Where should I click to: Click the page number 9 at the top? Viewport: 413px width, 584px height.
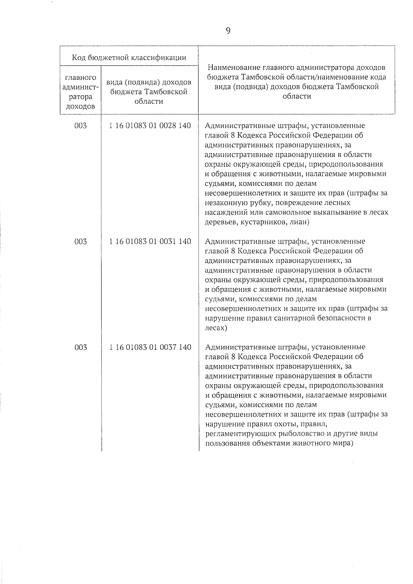coord(228,31)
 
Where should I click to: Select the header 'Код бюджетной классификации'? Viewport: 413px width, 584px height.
coord(129,57)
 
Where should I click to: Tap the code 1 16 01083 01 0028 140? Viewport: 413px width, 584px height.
coord(150,126)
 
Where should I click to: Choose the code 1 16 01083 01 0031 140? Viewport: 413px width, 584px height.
coord(150,242)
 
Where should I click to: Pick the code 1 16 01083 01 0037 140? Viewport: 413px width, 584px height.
coord(150,347)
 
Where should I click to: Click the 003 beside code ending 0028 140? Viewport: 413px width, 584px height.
coord(81,126)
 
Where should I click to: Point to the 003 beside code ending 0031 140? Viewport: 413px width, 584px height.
coord(81,242)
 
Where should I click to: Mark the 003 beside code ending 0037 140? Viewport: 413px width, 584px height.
coord(81,347)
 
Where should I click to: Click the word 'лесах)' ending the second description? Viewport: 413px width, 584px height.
coord(216,328)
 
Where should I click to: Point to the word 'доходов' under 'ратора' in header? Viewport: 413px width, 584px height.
coord(80,106)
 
